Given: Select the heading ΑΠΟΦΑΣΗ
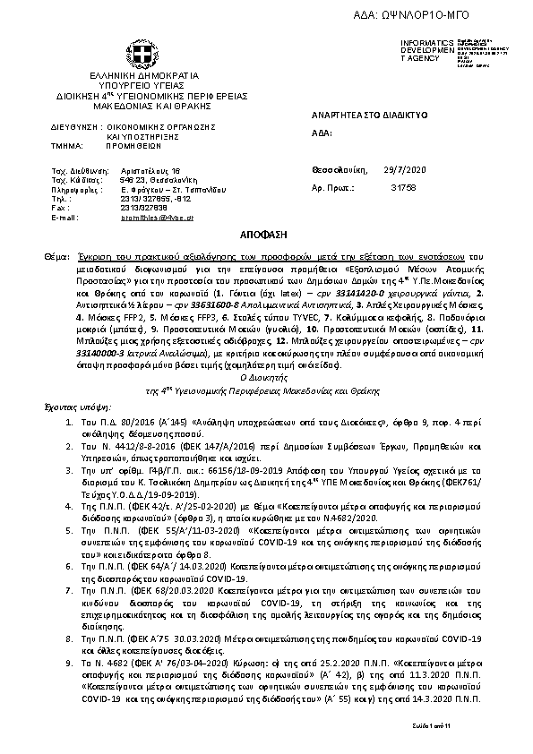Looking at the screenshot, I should point(266,232).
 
